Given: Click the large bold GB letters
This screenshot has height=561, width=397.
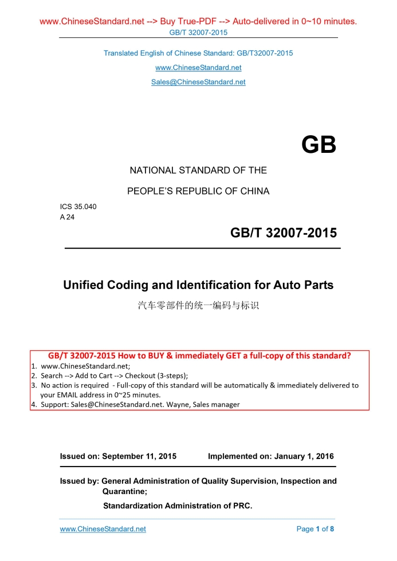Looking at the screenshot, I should point(319,145).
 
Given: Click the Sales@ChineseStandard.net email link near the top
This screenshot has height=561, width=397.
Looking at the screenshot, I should point(198,82).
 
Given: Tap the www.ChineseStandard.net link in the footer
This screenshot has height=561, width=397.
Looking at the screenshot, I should point(103,529).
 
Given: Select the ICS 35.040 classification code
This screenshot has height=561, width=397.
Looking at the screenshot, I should point(78,207).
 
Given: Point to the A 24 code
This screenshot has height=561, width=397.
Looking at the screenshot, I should point(67,217).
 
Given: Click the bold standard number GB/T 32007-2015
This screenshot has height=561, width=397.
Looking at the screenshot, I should point(284,233).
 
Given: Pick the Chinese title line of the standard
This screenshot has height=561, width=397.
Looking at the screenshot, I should point(198,306).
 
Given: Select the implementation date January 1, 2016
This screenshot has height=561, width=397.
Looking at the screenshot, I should point(304,456).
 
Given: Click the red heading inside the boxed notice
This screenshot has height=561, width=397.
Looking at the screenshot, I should point(199,355).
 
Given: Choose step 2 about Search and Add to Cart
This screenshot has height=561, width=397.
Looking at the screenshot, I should point(115,376).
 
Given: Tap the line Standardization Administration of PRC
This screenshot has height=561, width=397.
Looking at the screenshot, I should point(178,505).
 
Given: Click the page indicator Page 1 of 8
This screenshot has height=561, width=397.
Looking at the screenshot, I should point(315,529).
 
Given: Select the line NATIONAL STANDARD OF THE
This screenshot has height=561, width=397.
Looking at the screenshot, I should point(198,170).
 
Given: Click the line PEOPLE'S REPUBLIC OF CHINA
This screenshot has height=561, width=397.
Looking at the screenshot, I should point(198,191).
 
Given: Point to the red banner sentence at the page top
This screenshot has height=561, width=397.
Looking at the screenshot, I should point(198,22).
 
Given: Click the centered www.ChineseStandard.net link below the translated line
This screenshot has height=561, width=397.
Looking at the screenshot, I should point(198,68).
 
